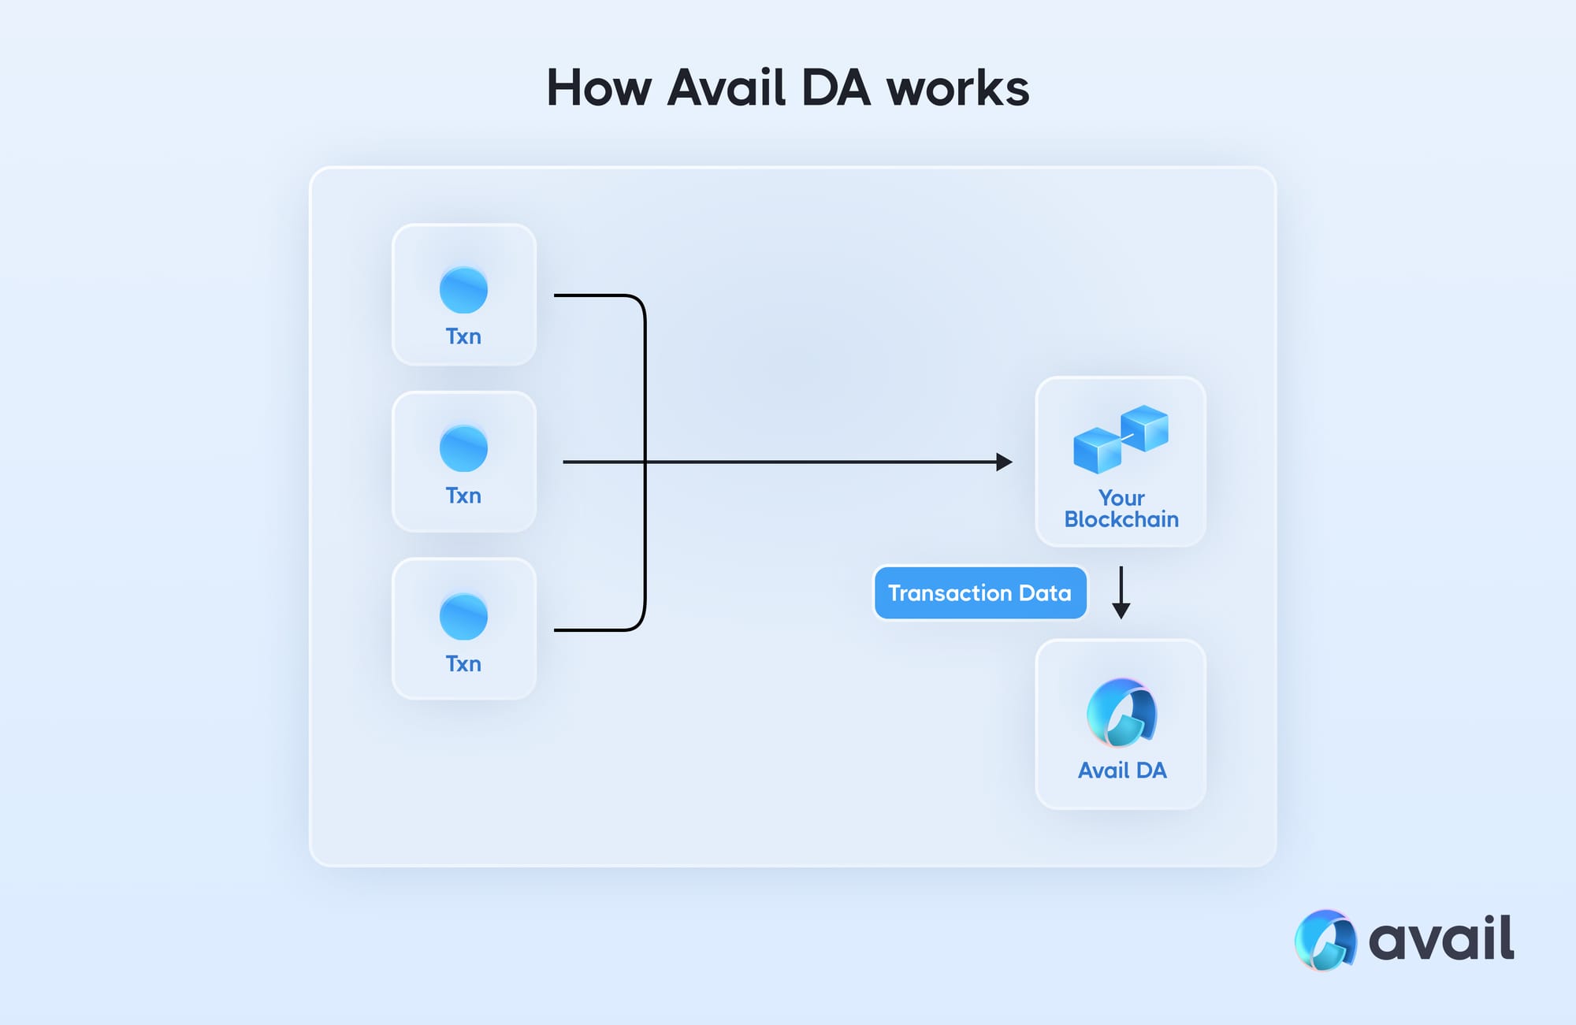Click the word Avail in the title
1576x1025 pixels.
click(727, 87)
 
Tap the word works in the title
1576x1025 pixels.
click(957, 87)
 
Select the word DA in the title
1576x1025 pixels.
click(836, 87)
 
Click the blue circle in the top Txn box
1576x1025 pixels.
click(463, 289)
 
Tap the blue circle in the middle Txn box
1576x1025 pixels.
click(463, 448)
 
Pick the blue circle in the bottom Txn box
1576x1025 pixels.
click(463, 616)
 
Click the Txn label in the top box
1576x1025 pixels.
click(463, 336)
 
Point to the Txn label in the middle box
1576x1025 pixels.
click(463, 496)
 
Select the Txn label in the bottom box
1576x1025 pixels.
click(463, 664)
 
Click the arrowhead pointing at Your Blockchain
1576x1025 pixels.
click(1004, 462)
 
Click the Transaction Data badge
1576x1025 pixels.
click(979, 592)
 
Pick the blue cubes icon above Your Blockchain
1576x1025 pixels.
click(1121, 439)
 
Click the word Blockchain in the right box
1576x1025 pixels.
click(1121, 520)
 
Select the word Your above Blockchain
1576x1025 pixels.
click(1121, 498)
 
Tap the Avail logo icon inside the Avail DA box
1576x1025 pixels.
click(1121, 712)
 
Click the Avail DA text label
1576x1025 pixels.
click(1121, 771)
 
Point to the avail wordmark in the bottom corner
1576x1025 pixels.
click(1441, 939)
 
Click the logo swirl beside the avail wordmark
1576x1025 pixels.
click(1325, 939)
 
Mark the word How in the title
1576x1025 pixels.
click(599, 87)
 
